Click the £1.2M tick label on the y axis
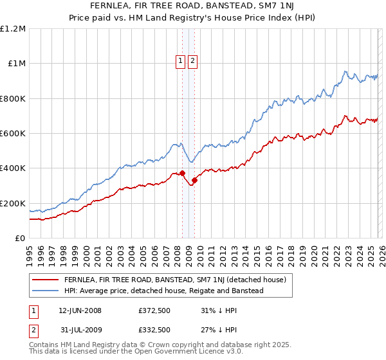click(13, 29)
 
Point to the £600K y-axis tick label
click(13, 134)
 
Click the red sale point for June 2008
click(182, 173)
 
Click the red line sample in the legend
click(45, 280)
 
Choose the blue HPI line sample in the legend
click(45, 291)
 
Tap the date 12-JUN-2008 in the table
click(80, 310)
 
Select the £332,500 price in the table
click(154, 329)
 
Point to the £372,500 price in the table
click(154, 310)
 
